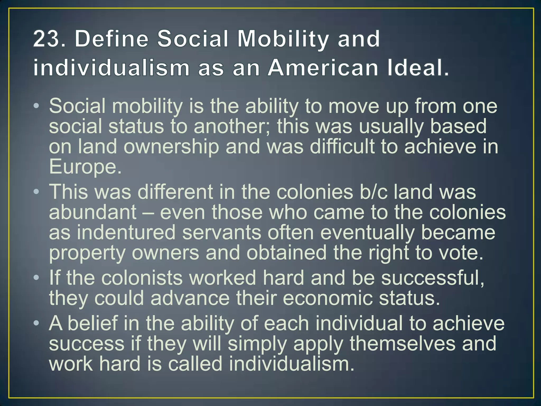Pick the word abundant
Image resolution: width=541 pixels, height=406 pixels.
pos(93,212)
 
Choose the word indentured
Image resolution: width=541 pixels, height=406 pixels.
pos(126,233)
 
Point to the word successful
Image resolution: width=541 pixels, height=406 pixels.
pos(429,278)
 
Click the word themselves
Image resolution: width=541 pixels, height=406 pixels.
pos(403,344)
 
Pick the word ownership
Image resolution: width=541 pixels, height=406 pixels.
pos(171,147)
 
